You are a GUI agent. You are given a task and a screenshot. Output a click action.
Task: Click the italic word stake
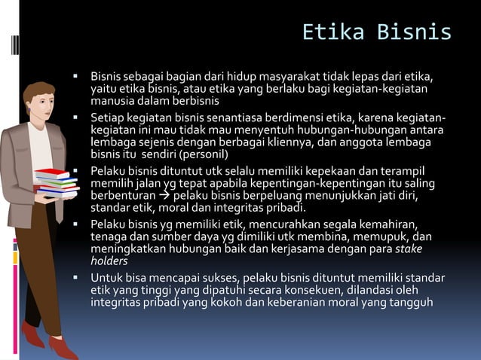[x=410, y=249]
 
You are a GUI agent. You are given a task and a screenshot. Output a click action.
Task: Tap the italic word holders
[x=110, y=261]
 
